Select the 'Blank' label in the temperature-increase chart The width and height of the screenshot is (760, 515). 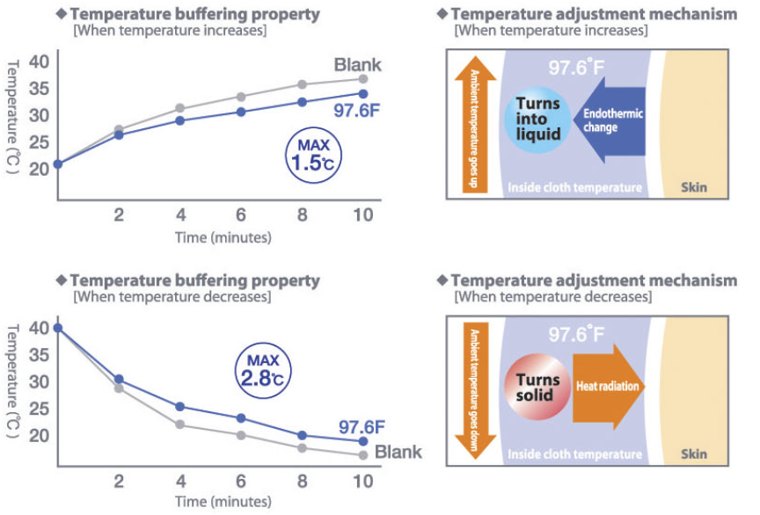[357, 64]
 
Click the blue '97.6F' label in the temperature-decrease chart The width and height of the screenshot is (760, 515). [362, 428]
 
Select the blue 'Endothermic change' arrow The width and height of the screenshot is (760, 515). [607, 120]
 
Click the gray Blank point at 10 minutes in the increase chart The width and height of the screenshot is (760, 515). [363, 79]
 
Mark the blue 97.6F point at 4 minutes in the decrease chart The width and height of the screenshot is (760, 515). [180, 407]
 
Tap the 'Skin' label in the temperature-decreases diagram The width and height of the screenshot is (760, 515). [694, 455]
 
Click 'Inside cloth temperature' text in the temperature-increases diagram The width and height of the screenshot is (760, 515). [574, 188]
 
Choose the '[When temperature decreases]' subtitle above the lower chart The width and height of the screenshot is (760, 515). [172, 296]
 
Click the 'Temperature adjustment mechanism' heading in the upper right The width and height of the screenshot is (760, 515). [594, 15]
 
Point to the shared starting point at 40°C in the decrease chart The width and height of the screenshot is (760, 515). [58, 328]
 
